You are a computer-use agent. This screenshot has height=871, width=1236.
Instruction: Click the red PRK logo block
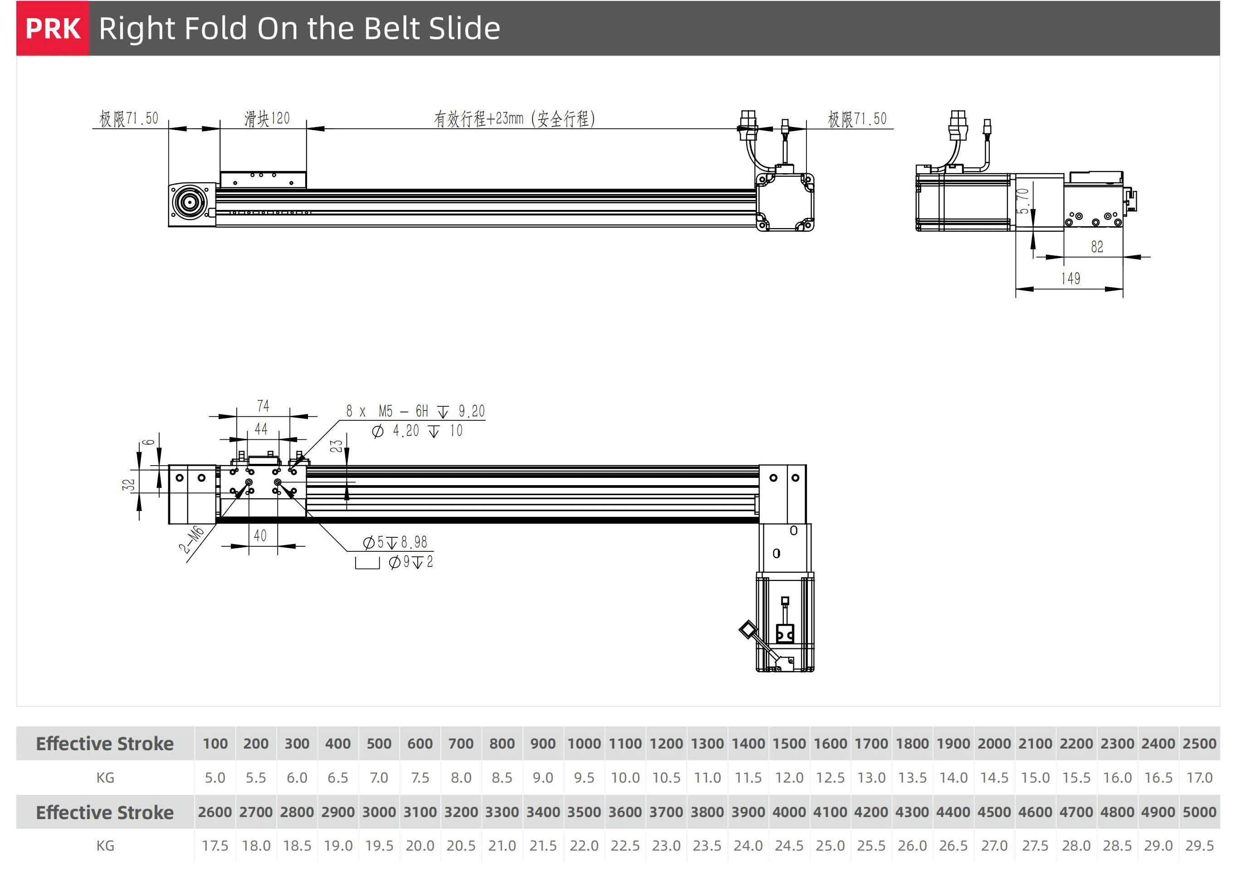click(x=52, y=28)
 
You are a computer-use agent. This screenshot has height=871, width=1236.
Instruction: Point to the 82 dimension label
click(x=1097, y=246)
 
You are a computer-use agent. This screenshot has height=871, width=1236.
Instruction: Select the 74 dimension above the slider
click(x=263, y=406)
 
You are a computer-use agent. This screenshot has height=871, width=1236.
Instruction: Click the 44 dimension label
click(x=261, y=429)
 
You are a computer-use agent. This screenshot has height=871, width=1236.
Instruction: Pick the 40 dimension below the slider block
click(x=260, y=535)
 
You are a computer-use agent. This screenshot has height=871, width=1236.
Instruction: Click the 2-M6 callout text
click(x=191, y=540)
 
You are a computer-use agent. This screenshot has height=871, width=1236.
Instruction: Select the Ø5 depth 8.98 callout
click(x=395, y=542)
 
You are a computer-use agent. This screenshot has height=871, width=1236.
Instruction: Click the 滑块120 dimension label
click(x=267, y=118)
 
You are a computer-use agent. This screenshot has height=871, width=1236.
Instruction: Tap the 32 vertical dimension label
click(x=128, y=485)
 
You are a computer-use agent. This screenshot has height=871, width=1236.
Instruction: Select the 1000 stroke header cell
click(x=584, y=744)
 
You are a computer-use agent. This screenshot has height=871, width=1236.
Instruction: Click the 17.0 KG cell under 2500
click(x=1199, y=778)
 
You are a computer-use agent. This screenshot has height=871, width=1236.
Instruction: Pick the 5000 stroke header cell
click(x=1199, y=812)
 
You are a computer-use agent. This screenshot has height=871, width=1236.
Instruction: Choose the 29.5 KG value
click(x=1199, y=846)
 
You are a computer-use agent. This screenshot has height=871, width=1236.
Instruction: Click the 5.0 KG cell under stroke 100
click(x=215, y=778)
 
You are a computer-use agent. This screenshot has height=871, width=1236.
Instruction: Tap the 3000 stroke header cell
click(x=379, y=812)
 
